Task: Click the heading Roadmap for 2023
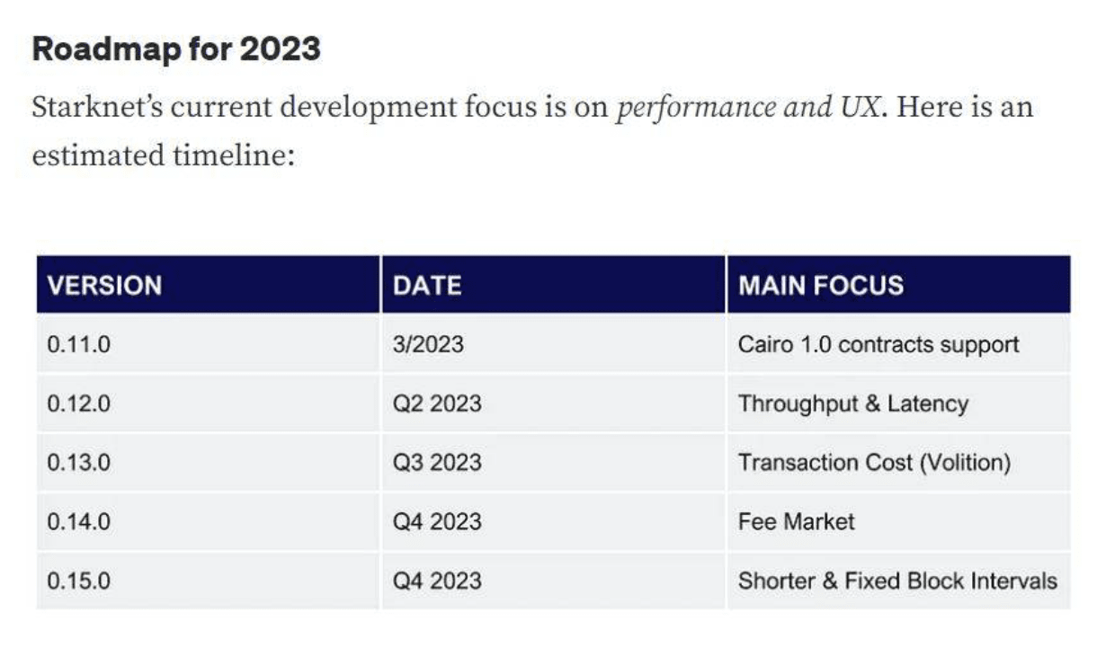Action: pos(176,49)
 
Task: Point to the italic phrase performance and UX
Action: pos(746,108)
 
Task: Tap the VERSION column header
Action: pos(104,286)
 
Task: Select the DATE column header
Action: pos(427,286)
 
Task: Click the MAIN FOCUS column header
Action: pos(820,286)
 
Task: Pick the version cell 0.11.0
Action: pos(79,344)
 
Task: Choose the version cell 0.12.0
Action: pos(79,403)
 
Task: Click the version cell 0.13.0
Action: pos(79,463)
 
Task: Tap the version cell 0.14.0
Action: pos(79,522)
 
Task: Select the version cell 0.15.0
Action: pos(79,581)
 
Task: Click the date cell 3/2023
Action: pos(428,344)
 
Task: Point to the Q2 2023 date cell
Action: pos(437,403)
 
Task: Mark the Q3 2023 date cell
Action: pos(437,463)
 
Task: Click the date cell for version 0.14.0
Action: pos(437,522)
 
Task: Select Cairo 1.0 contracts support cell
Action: pos(879,344)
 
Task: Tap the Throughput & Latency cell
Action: pos(852,403)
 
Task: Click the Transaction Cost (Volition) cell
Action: pos(874,463)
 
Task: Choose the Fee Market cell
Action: pos(796,522)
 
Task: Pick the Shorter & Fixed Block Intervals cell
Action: pos(897,581)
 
